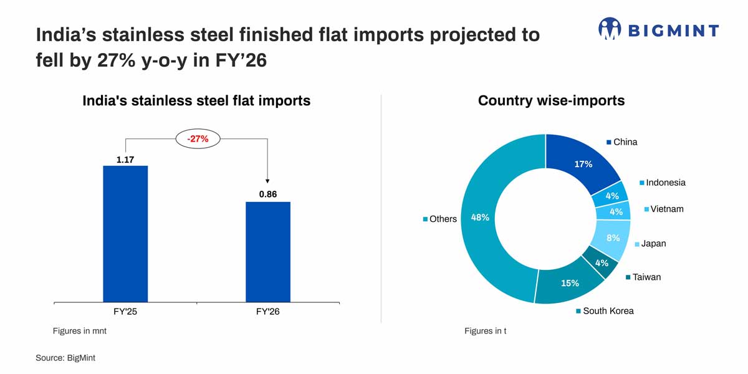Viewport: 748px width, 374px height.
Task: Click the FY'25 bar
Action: (125, 234)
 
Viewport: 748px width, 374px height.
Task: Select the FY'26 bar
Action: (268, 252)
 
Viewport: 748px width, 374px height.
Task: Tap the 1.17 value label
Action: (125, 160)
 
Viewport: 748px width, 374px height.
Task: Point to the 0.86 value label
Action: (268, 194)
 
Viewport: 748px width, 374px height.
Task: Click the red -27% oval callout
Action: (198, 139)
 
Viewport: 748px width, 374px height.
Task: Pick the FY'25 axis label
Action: (125, 312)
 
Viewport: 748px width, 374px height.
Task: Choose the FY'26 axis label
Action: (268, 312)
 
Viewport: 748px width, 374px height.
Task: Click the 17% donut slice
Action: (583, 163)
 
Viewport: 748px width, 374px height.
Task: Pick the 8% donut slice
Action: (613, 237)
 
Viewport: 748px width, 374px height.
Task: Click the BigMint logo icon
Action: (610, 29)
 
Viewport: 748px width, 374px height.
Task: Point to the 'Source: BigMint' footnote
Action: (65, 358)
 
